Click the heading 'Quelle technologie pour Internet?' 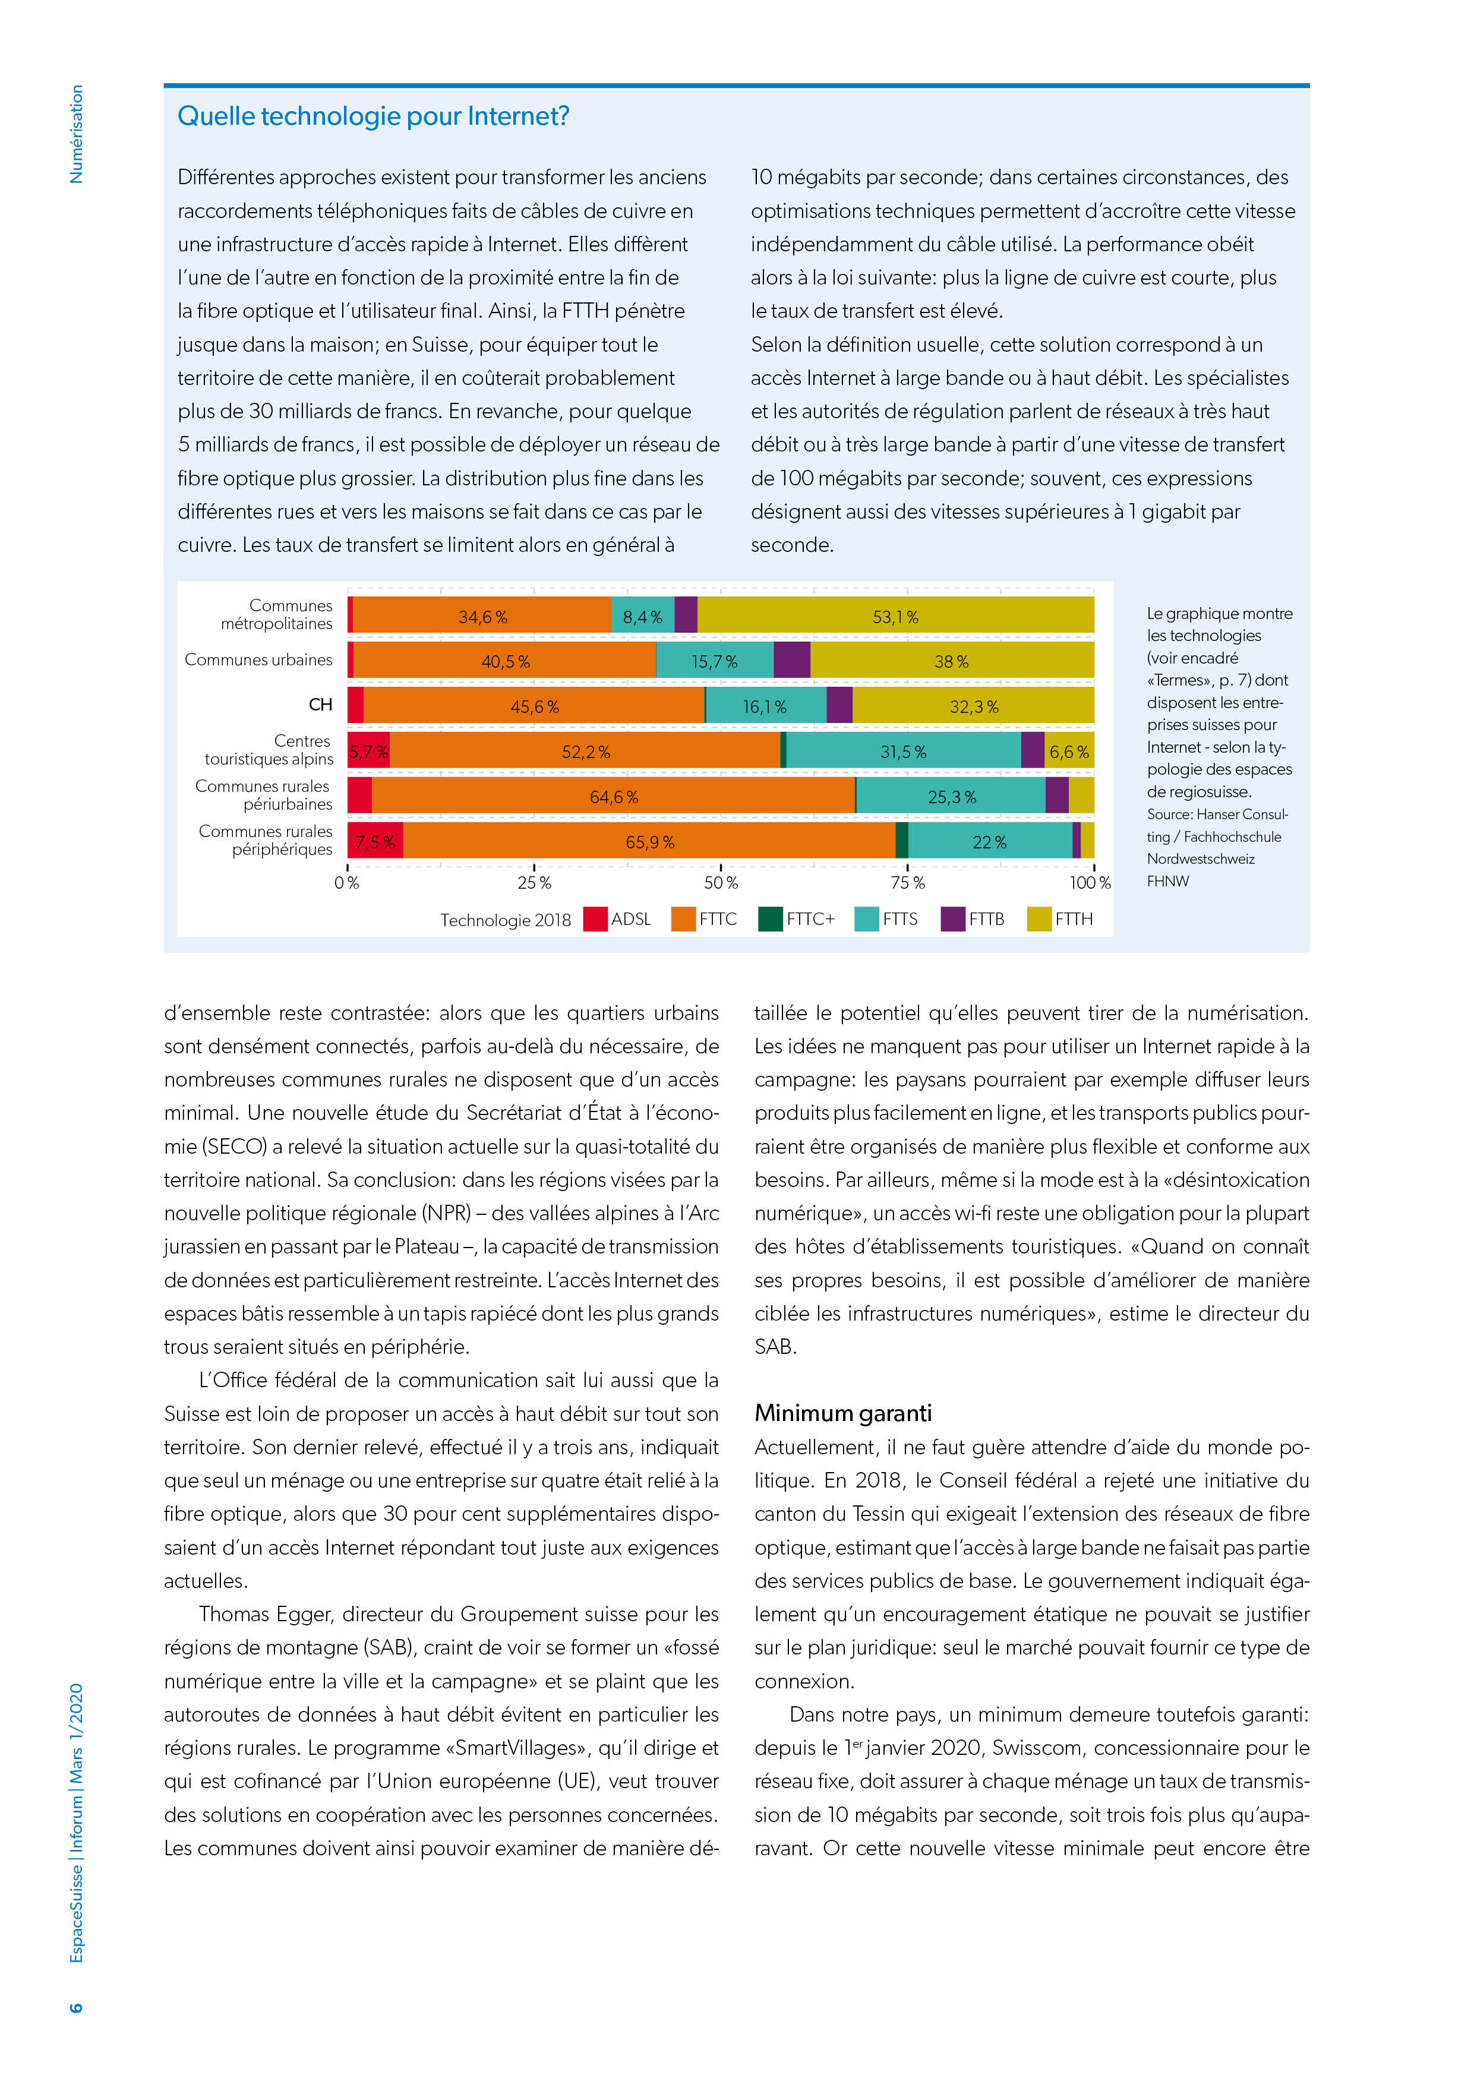tap(373, 116)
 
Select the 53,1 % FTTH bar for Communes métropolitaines tap(895, 616)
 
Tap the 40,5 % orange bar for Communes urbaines tap(504, 661)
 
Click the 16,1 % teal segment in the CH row tap(765, 706)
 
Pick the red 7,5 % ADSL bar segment tap(375, 841)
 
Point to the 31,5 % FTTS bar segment tap(903, 751)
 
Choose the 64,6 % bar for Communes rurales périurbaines tap(614, 796)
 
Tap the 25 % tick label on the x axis tap(534, 882)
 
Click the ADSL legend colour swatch tap(595, 918)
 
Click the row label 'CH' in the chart tap(320, 705)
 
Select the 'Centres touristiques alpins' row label tap(270, 750)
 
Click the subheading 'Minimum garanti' tap(843, 1413)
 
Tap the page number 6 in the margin tap(76, 2007)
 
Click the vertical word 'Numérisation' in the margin tap(76, 134)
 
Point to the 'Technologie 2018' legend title tap(506, 920)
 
